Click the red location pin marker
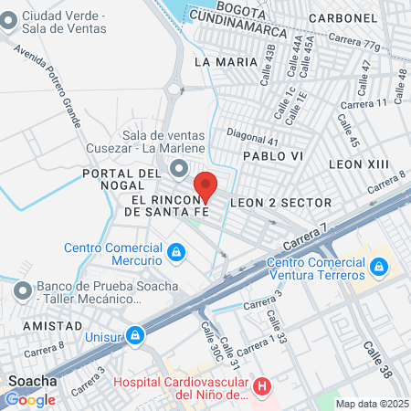(205, 185)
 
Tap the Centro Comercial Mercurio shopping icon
(175, 249)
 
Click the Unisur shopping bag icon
(135, 335)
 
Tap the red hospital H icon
(262, 387)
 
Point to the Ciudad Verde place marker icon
(8, 23)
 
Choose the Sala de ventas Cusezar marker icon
(177, 167)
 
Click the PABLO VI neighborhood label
(271, 156)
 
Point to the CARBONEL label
(342, 17)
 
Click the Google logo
(29, 399)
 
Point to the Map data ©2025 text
(373, 404)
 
